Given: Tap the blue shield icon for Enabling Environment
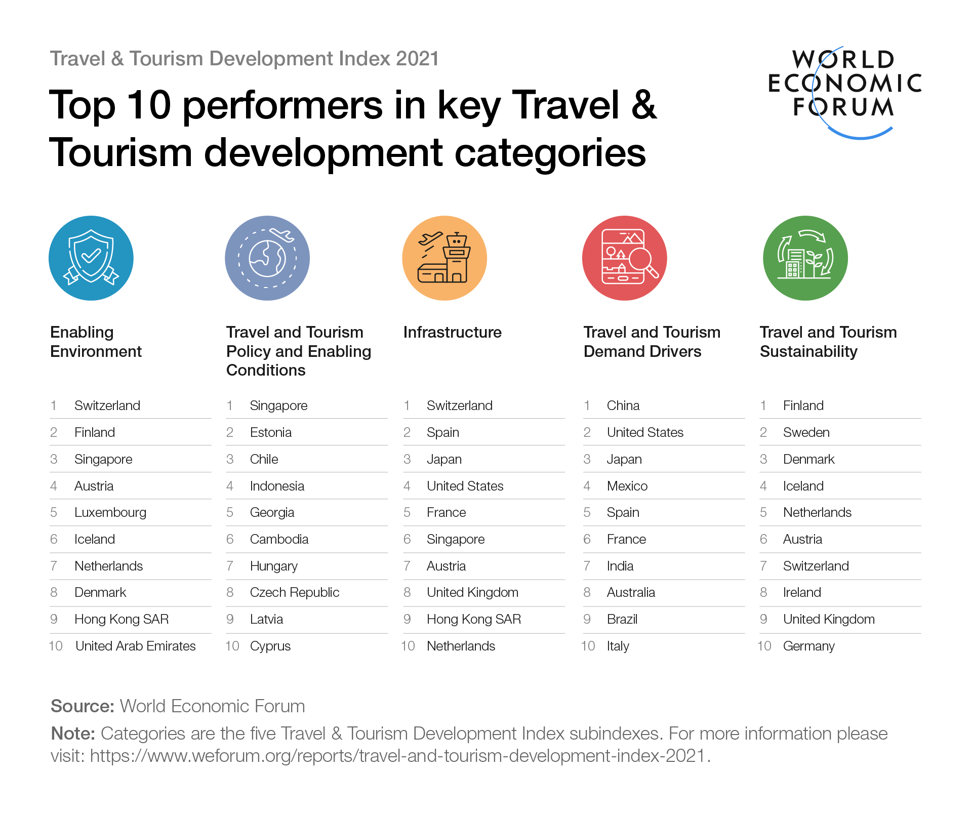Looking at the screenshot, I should click(x=91, y=258).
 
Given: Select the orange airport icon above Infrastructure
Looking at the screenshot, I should click(x=444, y=258).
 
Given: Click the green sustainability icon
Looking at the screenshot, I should click(x=805, y=258).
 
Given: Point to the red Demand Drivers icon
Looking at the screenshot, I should click(x=625, y=258).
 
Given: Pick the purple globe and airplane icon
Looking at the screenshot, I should click(x=267, y=258).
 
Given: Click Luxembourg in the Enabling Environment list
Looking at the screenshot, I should click(x=110, y=512).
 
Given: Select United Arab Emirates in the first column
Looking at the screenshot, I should click(x=135, y=646).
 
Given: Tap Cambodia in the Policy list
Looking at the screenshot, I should click(x=279, y=539).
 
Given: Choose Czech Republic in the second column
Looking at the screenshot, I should click(x=295, y=592).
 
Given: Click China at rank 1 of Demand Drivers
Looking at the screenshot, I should click(x=623, y=405).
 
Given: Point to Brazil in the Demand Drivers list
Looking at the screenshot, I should click(x=622, y=619).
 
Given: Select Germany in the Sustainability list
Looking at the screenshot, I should click(x=808, y=646).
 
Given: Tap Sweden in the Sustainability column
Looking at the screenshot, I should click(x=806, y=432).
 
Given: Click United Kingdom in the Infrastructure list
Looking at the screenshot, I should click(x=472, y=592).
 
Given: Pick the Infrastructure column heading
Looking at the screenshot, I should click(x=452, y=332).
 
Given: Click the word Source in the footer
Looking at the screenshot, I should click(x=83, y=706).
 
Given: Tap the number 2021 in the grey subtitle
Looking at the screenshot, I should click(x=417, y=59).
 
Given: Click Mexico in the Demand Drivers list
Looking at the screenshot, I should click(x=627, y=486).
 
